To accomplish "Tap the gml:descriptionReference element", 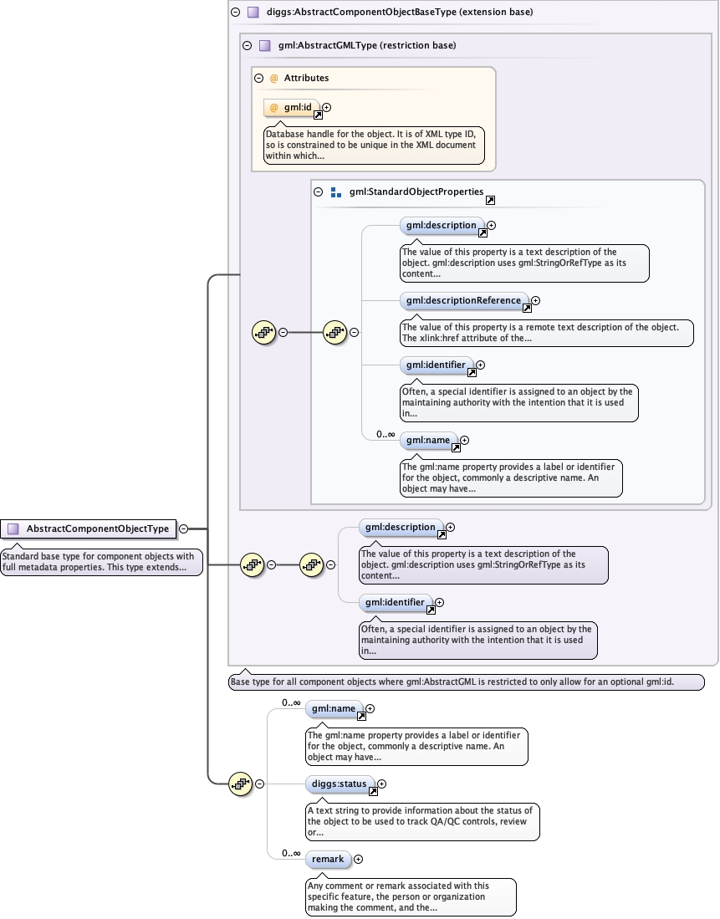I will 463,300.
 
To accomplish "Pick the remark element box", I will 327,859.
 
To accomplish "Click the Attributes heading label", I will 306,78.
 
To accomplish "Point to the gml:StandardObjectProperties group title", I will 416,191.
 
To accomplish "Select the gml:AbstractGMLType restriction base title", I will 367,45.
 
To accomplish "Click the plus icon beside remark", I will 358,859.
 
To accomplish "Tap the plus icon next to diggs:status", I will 382,784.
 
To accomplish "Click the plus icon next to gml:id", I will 327,107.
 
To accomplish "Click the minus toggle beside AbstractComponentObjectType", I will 184,528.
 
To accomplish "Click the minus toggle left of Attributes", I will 259,78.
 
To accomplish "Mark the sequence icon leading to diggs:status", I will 240,784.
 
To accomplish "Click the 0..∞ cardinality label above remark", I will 291,853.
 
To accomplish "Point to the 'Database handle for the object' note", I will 374,145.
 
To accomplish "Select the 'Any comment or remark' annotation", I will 410,896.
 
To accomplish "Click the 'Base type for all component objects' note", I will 466,682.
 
